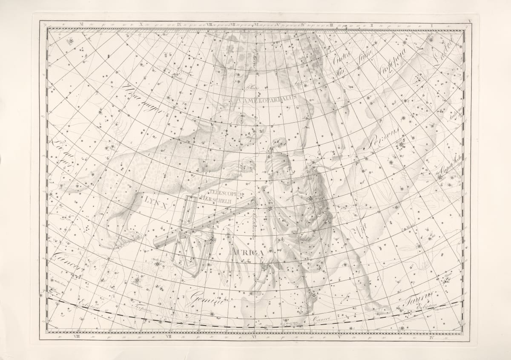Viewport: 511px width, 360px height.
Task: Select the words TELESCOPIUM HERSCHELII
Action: point(226,196)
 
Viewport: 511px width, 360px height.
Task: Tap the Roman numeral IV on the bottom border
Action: point(432,337)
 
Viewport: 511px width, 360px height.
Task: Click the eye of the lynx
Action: point(241,121)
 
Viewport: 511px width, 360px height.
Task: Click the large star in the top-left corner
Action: point(71,41)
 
